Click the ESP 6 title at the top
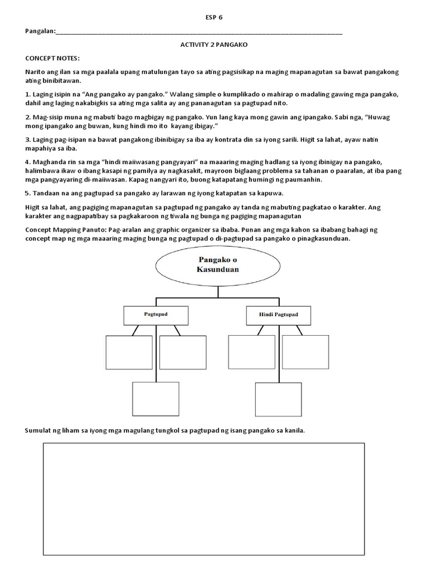click(213, 18)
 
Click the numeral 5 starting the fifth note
click(27, 193)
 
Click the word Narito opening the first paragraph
click(35, 72)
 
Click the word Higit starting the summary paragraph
click(33, 207)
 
